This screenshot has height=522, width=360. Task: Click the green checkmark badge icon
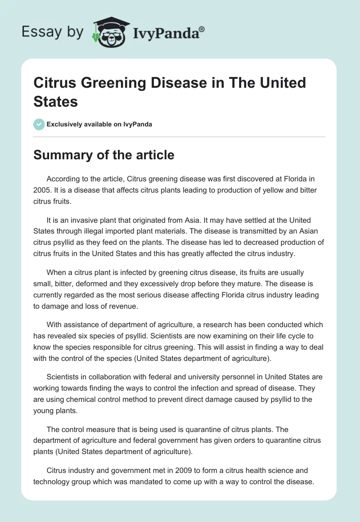tap(39, 124)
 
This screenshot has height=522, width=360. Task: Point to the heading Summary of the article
tap(104, 155)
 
